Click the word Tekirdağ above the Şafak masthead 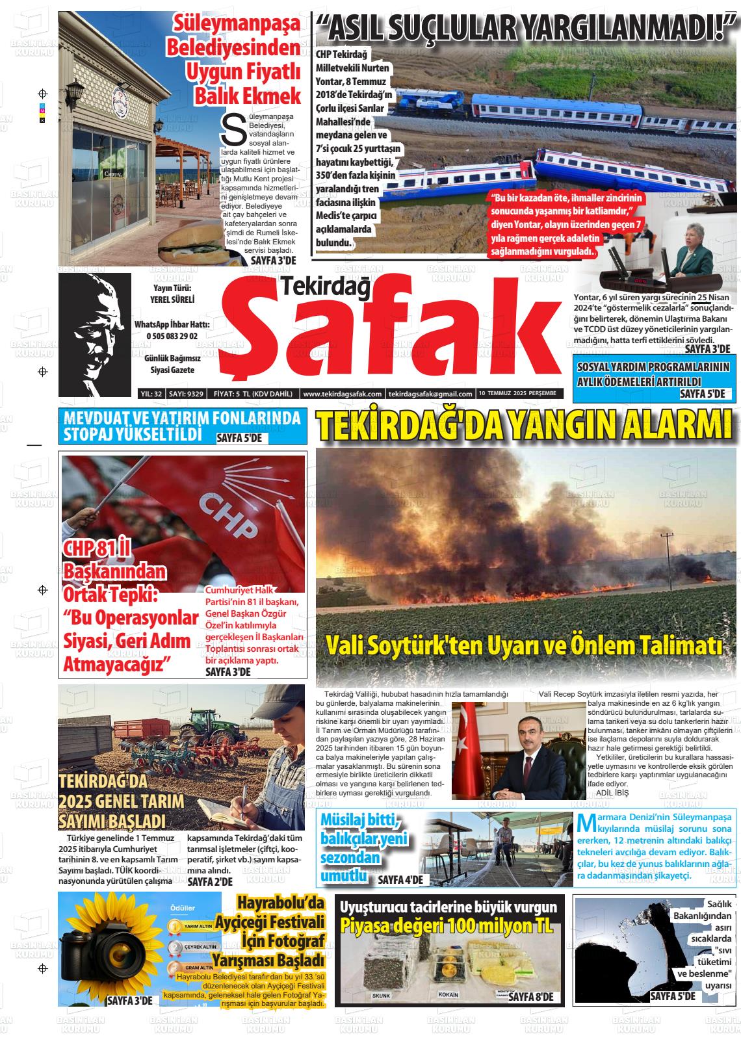pos(325,287)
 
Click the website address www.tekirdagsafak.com pos(342,394)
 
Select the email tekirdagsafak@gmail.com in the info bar pos(430,394)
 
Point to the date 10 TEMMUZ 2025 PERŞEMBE pos(517,394)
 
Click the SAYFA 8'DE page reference pos(531,997)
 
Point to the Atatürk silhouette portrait pos(94,335)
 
